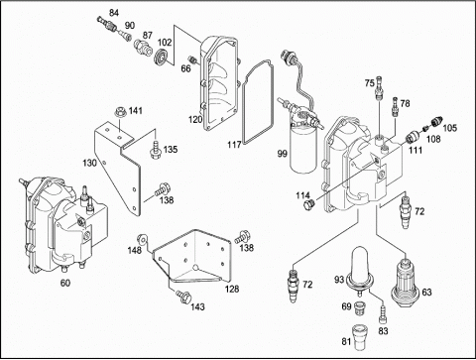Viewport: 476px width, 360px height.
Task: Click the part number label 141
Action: click(136, 110)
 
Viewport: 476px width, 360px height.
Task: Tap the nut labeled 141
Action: click(120, 112)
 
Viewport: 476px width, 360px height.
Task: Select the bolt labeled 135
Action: click(155, 150)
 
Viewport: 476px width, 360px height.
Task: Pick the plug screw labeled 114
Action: click(308, 204)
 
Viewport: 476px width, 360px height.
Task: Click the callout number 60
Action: click(65, 283)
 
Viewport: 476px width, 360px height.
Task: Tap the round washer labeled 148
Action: click(143, 238)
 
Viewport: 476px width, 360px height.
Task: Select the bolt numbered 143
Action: click(182, 296)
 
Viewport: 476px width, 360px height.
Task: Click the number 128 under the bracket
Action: click(232, 289)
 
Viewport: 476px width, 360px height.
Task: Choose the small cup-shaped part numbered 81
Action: click(359, 337)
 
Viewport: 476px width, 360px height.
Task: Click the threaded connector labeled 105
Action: click(437, 121)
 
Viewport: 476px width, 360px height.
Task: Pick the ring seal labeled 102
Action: click(162, 56)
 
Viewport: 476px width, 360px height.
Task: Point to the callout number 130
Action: click(89, 163)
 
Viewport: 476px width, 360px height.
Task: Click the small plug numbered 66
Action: click(192, 60)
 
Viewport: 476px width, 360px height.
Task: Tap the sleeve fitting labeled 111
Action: click(413, 136)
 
